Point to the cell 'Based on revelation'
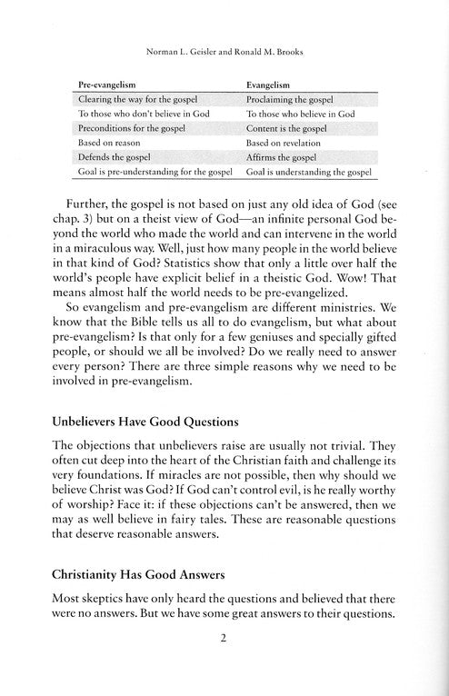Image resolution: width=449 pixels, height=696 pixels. [x=286, y=144]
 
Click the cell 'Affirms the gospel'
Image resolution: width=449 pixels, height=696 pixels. [x=285, y=160]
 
